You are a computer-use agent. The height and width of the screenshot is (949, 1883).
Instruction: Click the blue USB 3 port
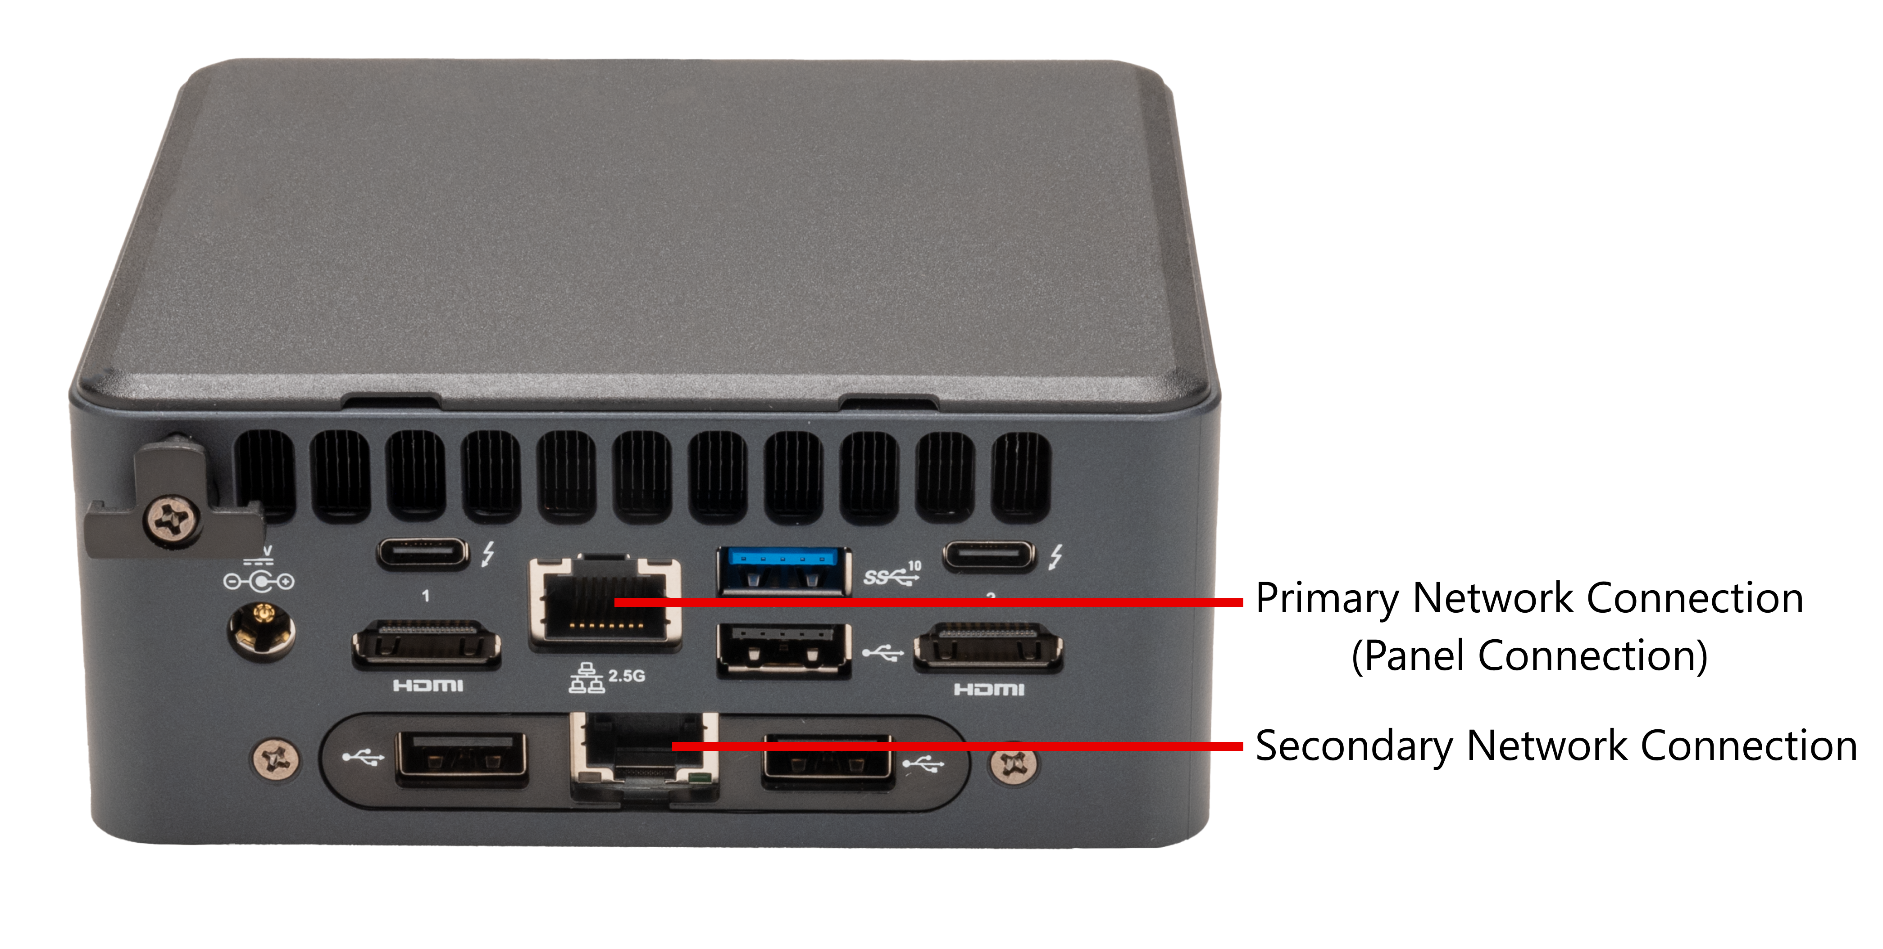tap(784, 570)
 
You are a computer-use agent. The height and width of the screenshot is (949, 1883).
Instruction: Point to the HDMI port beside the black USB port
tap(987, 646)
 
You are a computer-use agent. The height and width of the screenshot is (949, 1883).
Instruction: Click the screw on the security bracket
tap(173, 520)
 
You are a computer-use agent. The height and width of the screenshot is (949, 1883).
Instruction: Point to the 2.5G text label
tap(627, 676)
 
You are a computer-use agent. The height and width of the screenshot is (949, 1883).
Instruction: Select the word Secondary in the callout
tap(1355, 746)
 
